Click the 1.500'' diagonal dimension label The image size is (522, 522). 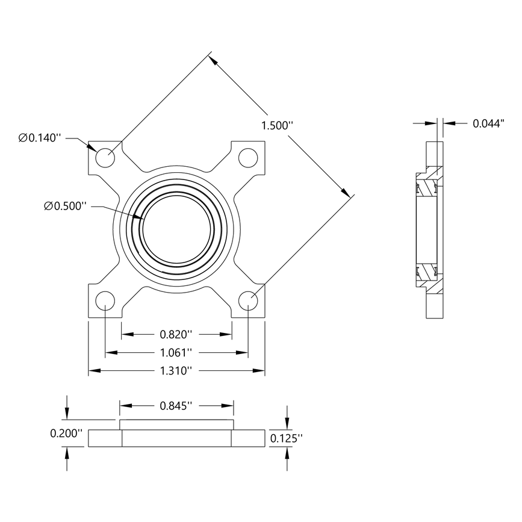(276, 126)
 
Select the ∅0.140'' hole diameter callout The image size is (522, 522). (40, 138)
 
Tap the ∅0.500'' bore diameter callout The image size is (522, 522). (66, 206)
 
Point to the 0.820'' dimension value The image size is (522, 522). (176, 334)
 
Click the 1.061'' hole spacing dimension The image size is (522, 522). (176, 352)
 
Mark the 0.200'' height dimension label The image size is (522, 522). (66, 433)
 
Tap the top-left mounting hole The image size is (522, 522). (105, 157)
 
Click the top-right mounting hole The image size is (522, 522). (247, 157)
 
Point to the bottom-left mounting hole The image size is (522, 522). (105, 300)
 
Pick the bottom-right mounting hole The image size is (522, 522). (247, 300)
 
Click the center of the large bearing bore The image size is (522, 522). (176, 228)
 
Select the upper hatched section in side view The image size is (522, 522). (430, 187)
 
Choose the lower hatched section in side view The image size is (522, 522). (430, 273)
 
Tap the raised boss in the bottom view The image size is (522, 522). (176, 424)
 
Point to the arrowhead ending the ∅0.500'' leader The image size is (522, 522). (141, 220)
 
